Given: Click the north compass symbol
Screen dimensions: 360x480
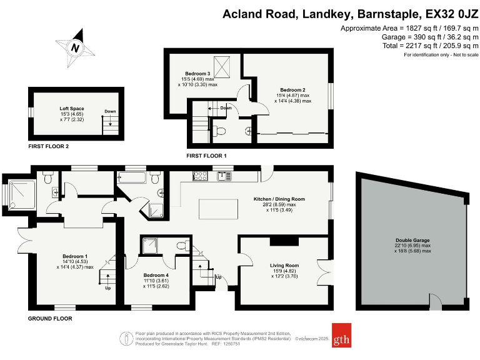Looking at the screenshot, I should [x=75, y=47].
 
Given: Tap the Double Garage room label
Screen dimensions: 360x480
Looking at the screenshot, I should [x=412, y=240].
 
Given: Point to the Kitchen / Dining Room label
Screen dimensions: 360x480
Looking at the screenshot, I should [x=274, y=199].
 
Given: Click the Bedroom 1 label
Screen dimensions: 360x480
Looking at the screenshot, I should [x=75, y=256].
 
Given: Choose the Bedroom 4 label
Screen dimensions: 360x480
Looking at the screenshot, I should [x=156, y=276].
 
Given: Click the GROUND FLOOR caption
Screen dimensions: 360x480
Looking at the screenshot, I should [x=50, y=319].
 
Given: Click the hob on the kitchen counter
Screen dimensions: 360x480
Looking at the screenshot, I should [x=201, y=176].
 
